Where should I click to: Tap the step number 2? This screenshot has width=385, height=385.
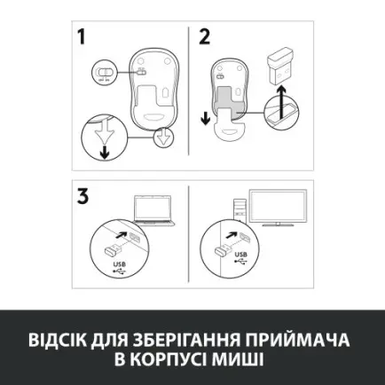point(205,38)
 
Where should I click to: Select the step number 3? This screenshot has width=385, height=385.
point(82,195)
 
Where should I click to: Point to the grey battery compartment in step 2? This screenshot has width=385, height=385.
point(232,98)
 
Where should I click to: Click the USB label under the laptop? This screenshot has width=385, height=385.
point(120,264)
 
